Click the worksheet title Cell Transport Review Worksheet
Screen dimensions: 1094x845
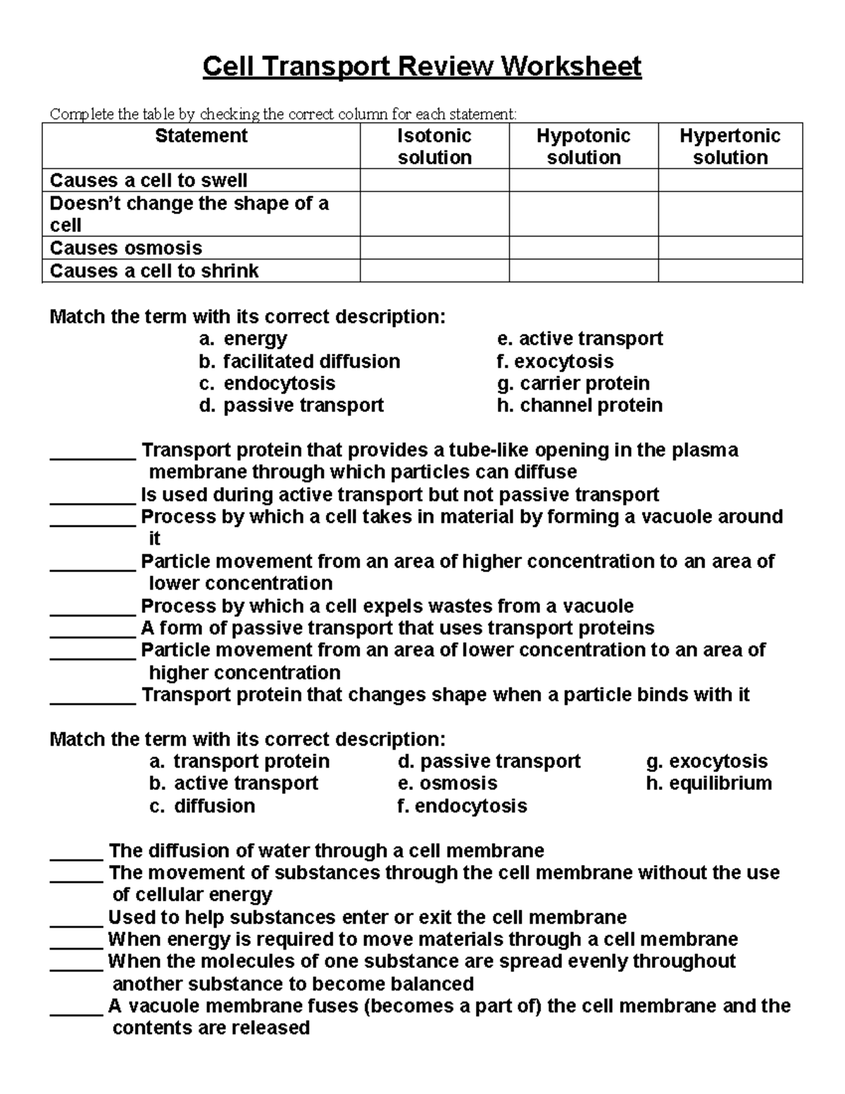(422, 67)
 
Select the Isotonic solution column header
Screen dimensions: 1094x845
(434, 146)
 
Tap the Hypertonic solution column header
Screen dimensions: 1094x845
(730, 146)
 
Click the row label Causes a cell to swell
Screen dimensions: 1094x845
(149, 180)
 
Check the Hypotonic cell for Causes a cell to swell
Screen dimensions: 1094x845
(583, 180)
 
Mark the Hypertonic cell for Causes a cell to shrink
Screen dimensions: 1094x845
(730, 271)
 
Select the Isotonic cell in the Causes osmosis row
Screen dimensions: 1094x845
(434, 248)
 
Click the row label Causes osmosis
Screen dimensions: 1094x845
(126, 248)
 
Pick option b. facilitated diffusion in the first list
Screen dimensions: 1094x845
(299, 361)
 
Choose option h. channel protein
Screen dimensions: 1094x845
(580, 406)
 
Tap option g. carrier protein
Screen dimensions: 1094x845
(573, 383)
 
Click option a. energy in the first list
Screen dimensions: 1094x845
(243, 339)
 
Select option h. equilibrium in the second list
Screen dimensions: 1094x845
(708, 783)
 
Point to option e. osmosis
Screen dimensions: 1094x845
(447, 783)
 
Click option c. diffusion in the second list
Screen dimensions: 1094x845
(202, 806)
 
